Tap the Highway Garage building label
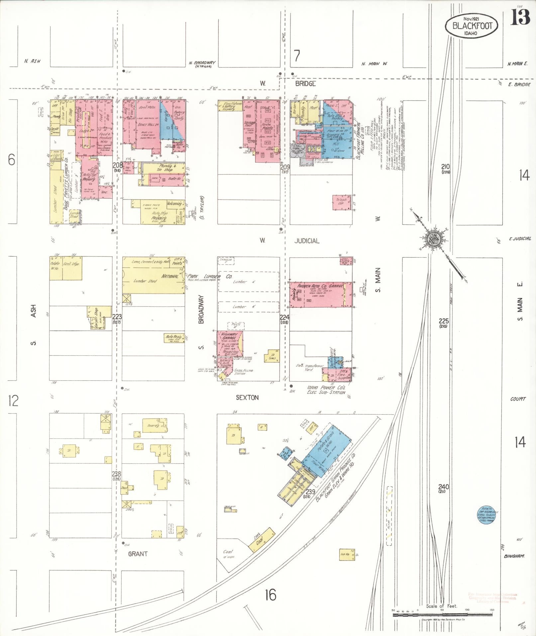[229, 336]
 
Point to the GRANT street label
[137, 554]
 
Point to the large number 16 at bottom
[271, 595]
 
